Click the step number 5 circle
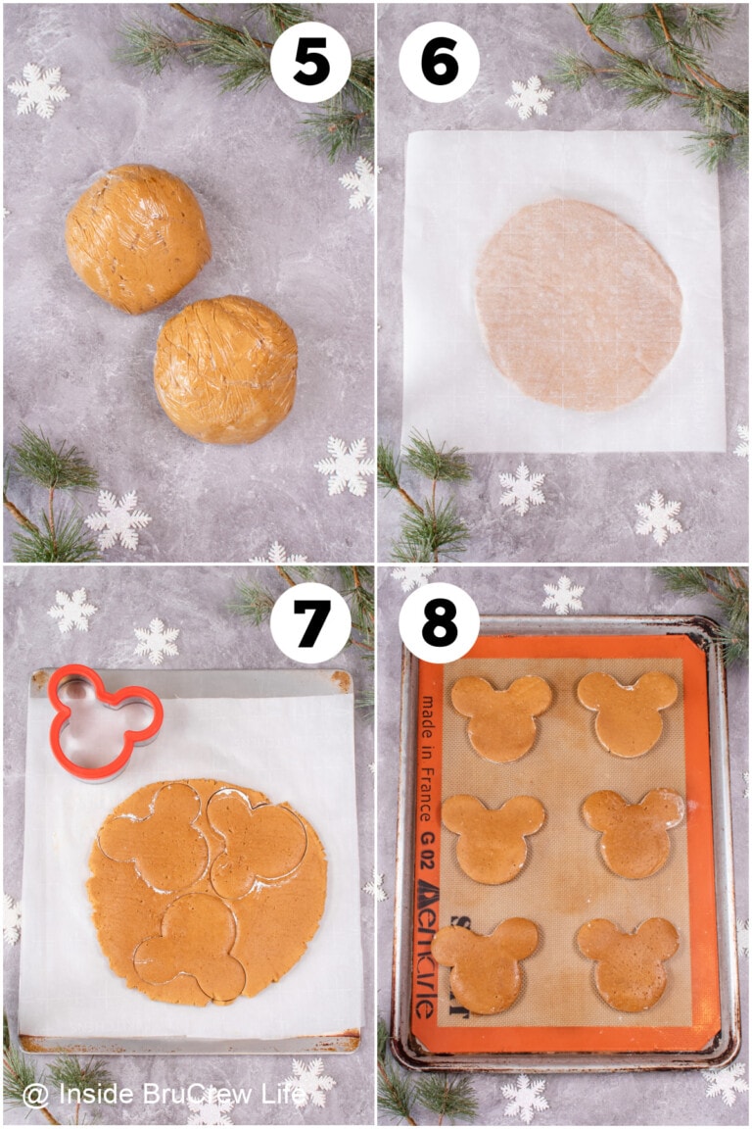310,62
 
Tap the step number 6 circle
439,62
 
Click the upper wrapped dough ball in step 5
138,238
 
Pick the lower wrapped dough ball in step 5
226,368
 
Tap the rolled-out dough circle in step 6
578,305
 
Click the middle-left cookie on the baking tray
493,838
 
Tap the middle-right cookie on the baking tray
633,832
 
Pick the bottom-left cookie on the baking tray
487,963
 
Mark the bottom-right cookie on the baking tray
629,962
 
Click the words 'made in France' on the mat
425,760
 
